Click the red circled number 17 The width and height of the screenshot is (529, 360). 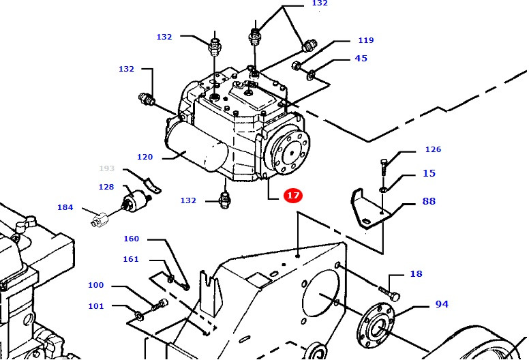point(292,196)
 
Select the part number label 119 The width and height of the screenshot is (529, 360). point(365,40)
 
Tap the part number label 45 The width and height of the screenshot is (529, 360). point(361,59)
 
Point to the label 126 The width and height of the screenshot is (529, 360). point(433,149)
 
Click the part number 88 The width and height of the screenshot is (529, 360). point(428,201)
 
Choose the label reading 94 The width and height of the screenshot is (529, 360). point(442,304)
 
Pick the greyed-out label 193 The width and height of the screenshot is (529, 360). point(107,168)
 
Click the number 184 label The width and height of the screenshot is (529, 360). point(65,207)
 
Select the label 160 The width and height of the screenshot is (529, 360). point(131,239)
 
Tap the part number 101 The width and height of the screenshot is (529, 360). point(96,306)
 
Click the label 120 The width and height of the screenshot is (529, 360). point(145,157)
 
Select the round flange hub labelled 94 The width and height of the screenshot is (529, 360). point(374,327)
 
